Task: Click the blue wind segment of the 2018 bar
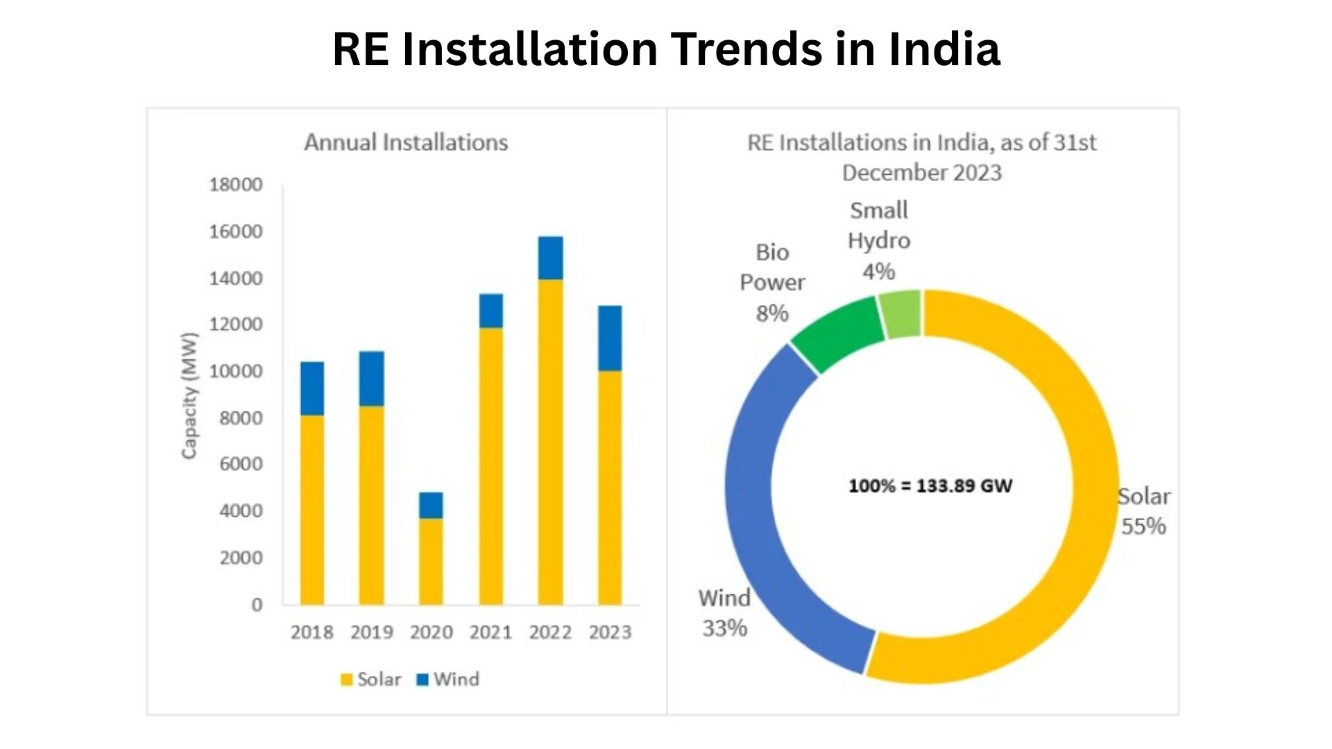(x=312, y=388)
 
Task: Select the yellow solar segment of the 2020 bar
(x=431, y=562)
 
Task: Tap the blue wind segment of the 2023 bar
(x=610, y=338)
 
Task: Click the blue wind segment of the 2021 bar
(x=490, y=311)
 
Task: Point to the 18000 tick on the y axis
(x=236, y=184)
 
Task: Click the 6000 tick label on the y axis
(x=241, y=464)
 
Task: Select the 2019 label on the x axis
(x=371, y=632)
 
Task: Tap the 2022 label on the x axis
(x=550, y=632)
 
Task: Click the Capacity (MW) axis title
(x=189, y=395)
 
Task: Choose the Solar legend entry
(x=370, y=680)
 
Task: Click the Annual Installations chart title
(x=406, y=143)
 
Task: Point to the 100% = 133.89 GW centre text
(x=930, y=486)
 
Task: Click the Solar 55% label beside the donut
(x=1143, y=512)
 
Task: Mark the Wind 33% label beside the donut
(x=724, y=613)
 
